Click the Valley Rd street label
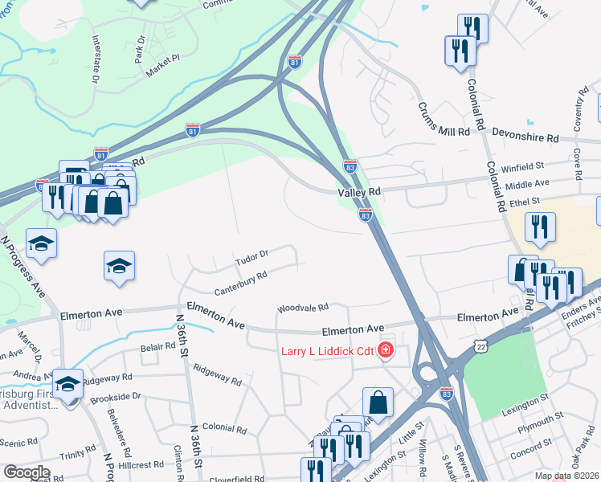point(358,192)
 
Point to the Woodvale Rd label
point(303,308)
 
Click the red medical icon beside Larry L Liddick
point(386,351)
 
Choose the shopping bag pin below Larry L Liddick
point(378,402)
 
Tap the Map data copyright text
point(567,476)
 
